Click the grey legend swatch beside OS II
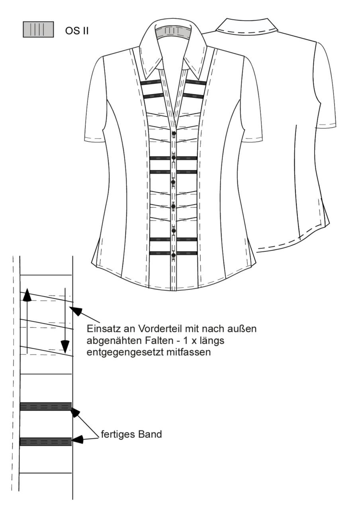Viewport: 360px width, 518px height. [x=38, y=29]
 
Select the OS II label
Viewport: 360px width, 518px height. [x=77, y=31]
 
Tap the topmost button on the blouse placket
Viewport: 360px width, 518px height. [x=174, y=133]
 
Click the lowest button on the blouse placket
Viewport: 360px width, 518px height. [x=174, y=255]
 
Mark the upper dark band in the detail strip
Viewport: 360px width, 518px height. [x=46, y=406]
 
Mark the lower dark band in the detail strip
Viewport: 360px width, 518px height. [x=46, y=441]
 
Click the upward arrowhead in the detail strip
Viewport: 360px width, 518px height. [x=27, y=295]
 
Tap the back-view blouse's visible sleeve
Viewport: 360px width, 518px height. [x=325, y=86]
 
